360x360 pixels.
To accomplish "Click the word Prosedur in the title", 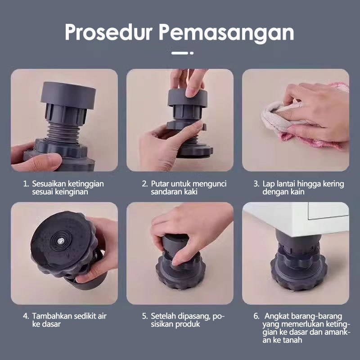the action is coord(108,32).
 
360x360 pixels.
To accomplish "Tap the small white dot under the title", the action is coord(192,53).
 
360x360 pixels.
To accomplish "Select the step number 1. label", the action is coord(26,184).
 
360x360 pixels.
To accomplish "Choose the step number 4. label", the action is coord(26,316).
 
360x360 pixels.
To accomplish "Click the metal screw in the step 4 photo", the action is coord(60,241).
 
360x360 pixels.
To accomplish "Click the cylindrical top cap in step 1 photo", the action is coord(68,94).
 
